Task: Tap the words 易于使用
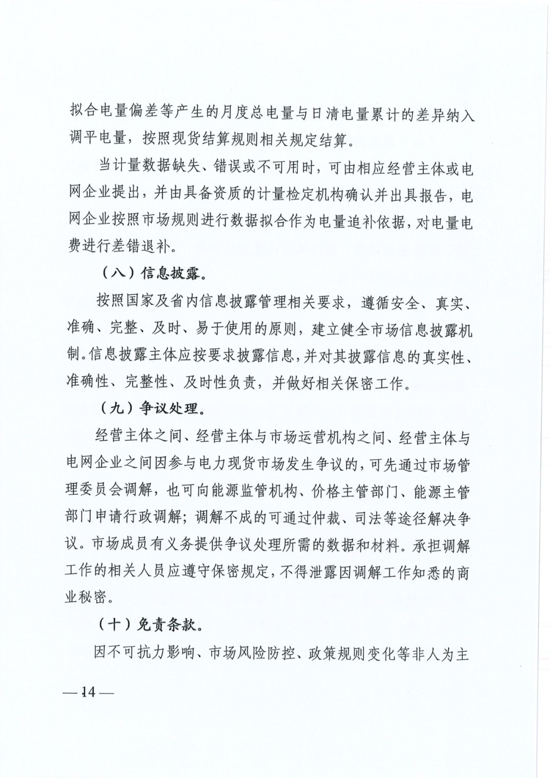point(232,329)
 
